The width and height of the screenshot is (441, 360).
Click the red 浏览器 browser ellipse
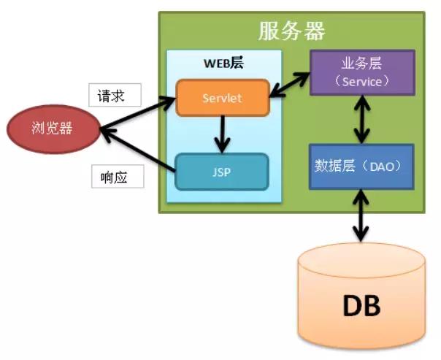[x=53, y=129]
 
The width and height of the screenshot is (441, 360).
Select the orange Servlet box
[x=223, y=96]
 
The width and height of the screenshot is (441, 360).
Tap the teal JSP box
[x=222, y=172]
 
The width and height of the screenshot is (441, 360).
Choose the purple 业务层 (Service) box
[x=362, y=72]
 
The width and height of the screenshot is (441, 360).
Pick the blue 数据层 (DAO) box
[x=361, y=166]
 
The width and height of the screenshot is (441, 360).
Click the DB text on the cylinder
[x=361, y=306]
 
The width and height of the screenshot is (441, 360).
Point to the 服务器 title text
[x=291, y=31]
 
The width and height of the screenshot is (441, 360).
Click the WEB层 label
[x=223, y=63]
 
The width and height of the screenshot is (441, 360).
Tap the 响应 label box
[x=117, y=176]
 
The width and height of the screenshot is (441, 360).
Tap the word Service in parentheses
[x=362, y=81]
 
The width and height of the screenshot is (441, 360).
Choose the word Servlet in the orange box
[x=223, y=96]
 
